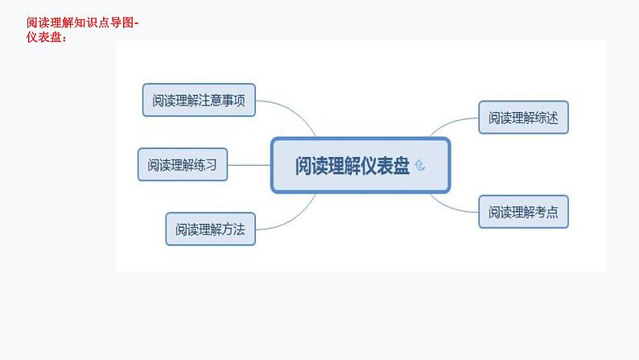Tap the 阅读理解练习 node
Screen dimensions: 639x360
click(x=182, y=165)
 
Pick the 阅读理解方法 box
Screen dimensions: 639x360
click(x=210, y=229)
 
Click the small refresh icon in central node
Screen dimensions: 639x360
click(x=420, y=167)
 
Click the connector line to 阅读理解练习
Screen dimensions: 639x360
click(x=249, y=165)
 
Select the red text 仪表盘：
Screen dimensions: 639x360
click(x=47, y=35)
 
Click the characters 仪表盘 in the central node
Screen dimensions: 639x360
click(x=381, y=166)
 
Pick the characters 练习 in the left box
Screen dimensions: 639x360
click(x=205, y=165)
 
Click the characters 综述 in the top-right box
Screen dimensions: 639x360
click(x=555, y=118)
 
